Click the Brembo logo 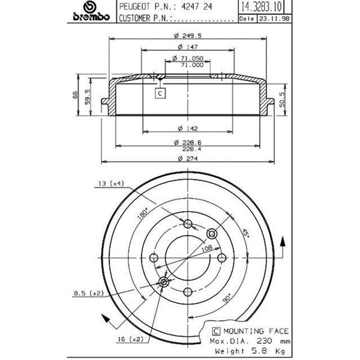[x=91, y=11]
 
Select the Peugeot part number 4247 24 [x=197, y=6]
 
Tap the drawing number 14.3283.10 [x=261, y=7]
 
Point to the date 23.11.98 [x=274, y=19]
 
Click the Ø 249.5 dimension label [x=188, y=35]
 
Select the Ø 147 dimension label [x=188, y=47]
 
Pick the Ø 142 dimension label [x=188, y=128]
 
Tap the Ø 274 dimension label [x=188, y=158]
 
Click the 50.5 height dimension [x=282, y=100]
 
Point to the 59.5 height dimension [x=88, y=97]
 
